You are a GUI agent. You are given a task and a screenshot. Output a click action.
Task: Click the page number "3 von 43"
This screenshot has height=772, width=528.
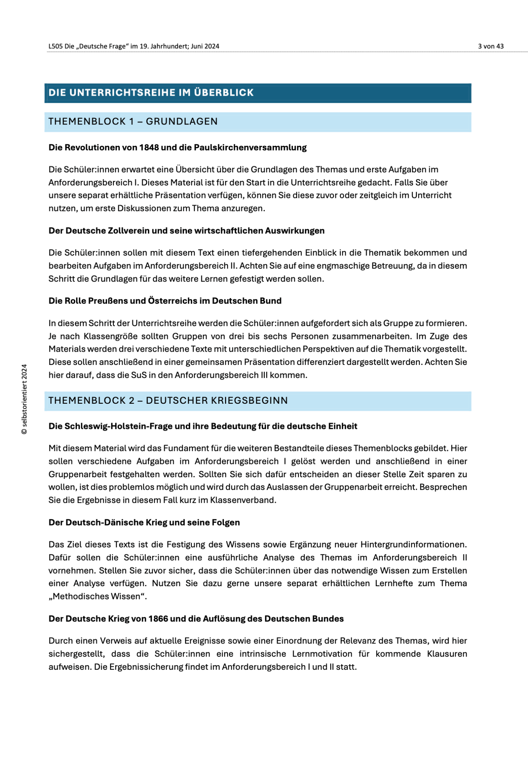[x=490, y=46]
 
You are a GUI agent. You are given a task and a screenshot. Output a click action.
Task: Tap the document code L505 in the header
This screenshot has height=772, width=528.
[x=55, y=46]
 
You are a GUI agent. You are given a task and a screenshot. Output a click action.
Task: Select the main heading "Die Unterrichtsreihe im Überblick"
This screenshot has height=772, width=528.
[x=151, y=93]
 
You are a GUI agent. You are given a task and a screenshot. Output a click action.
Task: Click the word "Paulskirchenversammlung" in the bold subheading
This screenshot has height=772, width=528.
[x=250, y=148]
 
